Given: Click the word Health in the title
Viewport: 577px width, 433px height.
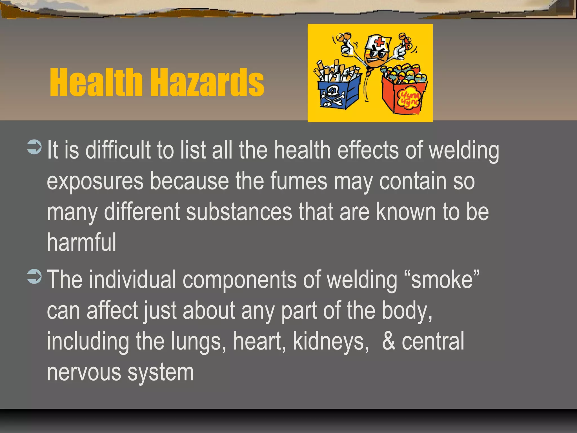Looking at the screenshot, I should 96,82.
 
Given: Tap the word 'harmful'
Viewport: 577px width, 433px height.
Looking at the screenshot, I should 81,242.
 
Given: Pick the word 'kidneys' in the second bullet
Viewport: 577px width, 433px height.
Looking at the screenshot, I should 331,341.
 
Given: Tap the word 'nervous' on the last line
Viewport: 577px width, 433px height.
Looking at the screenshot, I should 84,372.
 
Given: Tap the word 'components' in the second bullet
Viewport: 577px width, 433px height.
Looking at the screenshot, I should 239,279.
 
